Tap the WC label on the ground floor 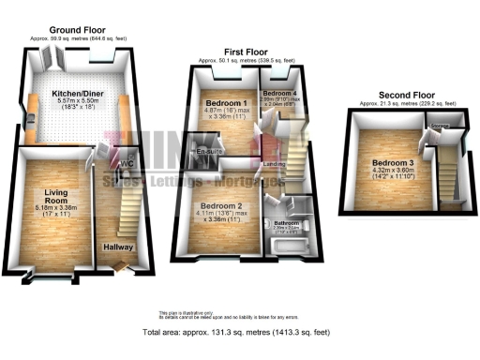coord(126,166)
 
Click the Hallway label coord(119,247)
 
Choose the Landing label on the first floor coord(275,166)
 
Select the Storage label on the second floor coord(439,126)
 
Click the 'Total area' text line coord(239,333)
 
